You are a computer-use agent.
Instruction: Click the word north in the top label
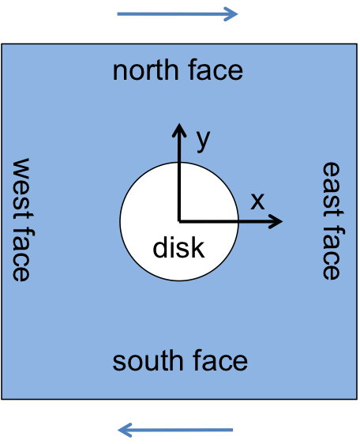(145, 70)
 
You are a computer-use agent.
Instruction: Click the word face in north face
(216, 70)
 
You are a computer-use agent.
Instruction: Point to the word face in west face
(22, 254)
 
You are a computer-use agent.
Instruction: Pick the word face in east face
(332, 253)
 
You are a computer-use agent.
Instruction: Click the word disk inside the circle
(178, 247)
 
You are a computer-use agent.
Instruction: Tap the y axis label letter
(203, 141)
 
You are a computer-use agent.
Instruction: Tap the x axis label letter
(257, 201)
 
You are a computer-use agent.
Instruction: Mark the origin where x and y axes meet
(179, 221)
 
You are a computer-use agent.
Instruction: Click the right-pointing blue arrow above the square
(178, 14)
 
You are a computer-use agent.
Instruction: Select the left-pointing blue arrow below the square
(175, 430)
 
